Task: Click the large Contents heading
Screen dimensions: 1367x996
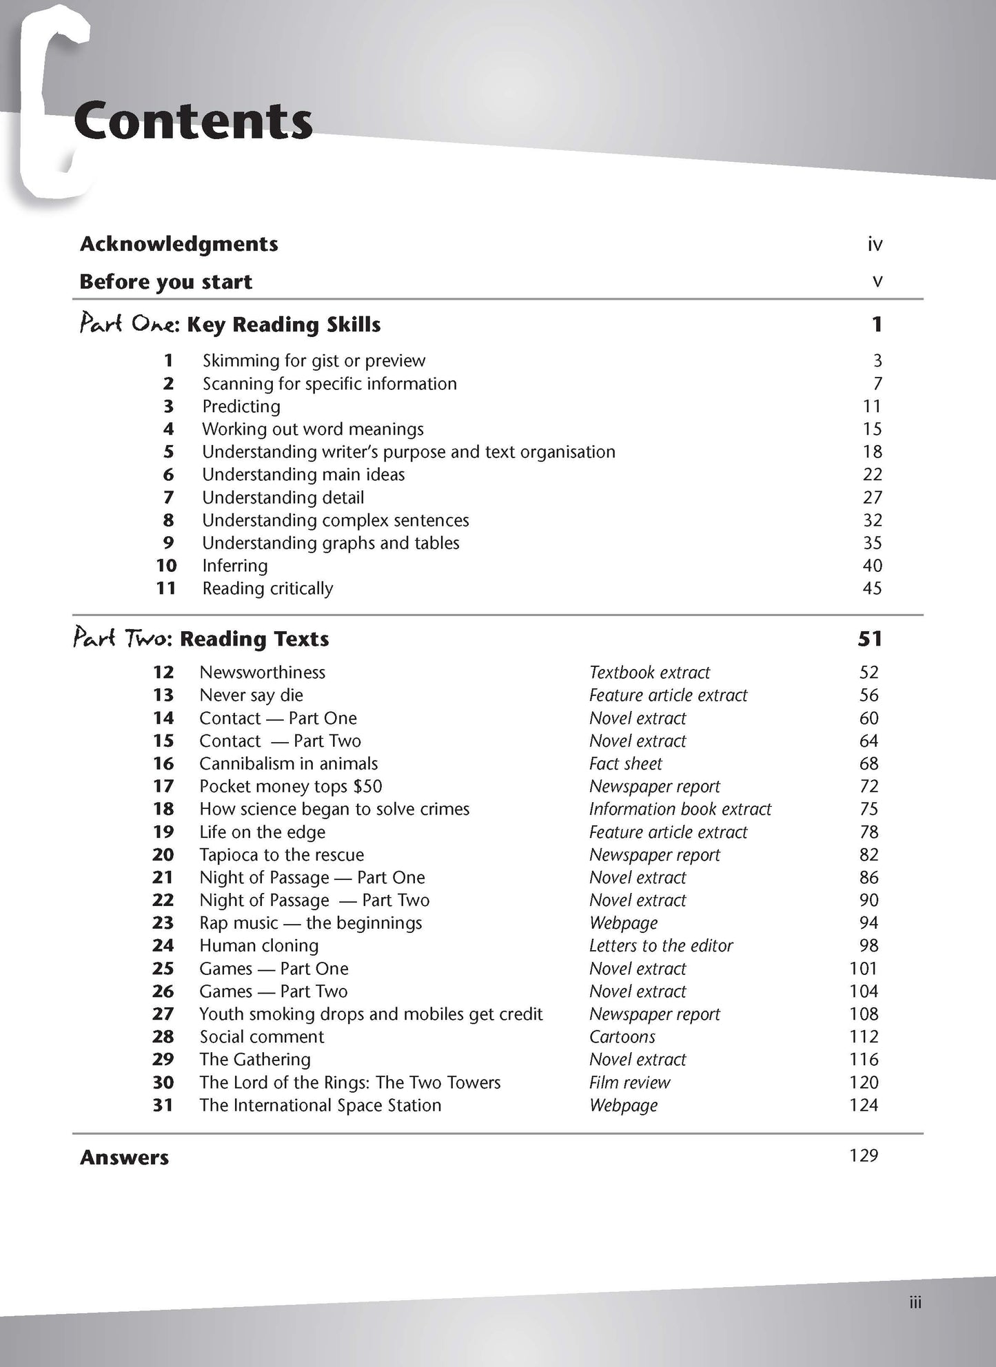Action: pos(193,121)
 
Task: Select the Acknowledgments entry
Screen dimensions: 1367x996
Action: pos(179,244)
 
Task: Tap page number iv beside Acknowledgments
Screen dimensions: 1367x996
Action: pos(875,244)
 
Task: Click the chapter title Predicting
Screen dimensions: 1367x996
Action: pos(241,407)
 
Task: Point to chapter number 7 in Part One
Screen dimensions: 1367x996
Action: pos(168,497)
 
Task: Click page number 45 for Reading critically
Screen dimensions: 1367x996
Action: pos(872,588)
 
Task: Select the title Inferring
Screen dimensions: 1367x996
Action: pos(235,566)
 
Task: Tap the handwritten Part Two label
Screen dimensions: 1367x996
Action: pos(121,639)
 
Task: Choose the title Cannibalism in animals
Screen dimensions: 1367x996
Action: pos(288,763)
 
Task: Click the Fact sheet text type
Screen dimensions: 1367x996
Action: pos(625,763)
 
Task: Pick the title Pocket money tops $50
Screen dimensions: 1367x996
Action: pos(290,786)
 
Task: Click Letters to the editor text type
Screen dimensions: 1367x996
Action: pos(661,945)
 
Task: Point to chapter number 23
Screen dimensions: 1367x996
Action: pos(163,923)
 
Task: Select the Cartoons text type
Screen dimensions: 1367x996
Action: pos(622,1036)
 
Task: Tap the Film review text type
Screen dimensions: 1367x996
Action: pos(629,1082)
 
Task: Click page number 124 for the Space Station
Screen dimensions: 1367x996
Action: pos(864,1105)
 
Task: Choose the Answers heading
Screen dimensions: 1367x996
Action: pos(124,1158)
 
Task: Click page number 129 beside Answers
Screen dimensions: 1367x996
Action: pos(864,1155)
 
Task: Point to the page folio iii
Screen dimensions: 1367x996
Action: pos(915,1302)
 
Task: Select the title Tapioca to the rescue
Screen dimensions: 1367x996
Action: pos(281,854)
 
